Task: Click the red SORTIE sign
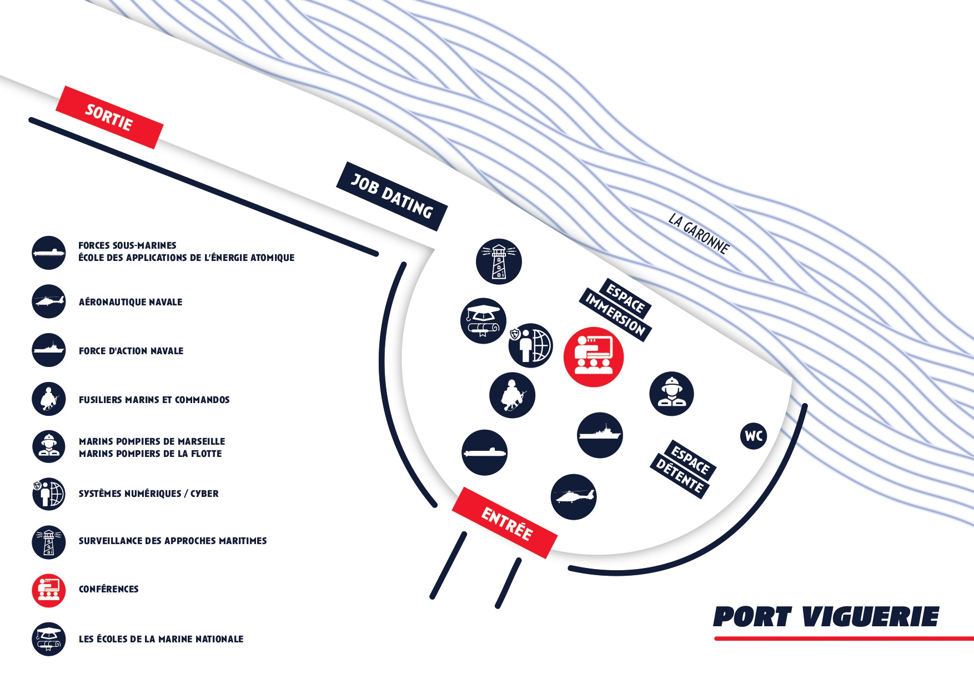point(109,117)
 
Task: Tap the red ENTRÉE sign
point(505,523)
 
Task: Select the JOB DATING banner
point(392,196)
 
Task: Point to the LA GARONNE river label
point(699,234)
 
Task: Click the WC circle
point(754,436)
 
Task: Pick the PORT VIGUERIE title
point(826,617)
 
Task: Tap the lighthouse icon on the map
point(499,261)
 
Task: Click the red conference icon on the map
point(594,357)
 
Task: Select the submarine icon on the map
point(484,452)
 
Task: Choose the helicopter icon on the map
point(574,496)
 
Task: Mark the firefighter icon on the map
point(671,394)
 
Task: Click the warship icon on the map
point(600,435)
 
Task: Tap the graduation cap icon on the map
point(483,320)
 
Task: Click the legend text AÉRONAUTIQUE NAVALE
point(130,302)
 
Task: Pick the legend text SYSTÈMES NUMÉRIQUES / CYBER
point(148,494)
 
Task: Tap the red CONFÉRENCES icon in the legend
point(49,590)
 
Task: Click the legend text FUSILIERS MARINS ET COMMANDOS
point(154,400)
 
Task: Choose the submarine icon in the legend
point(49,253)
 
